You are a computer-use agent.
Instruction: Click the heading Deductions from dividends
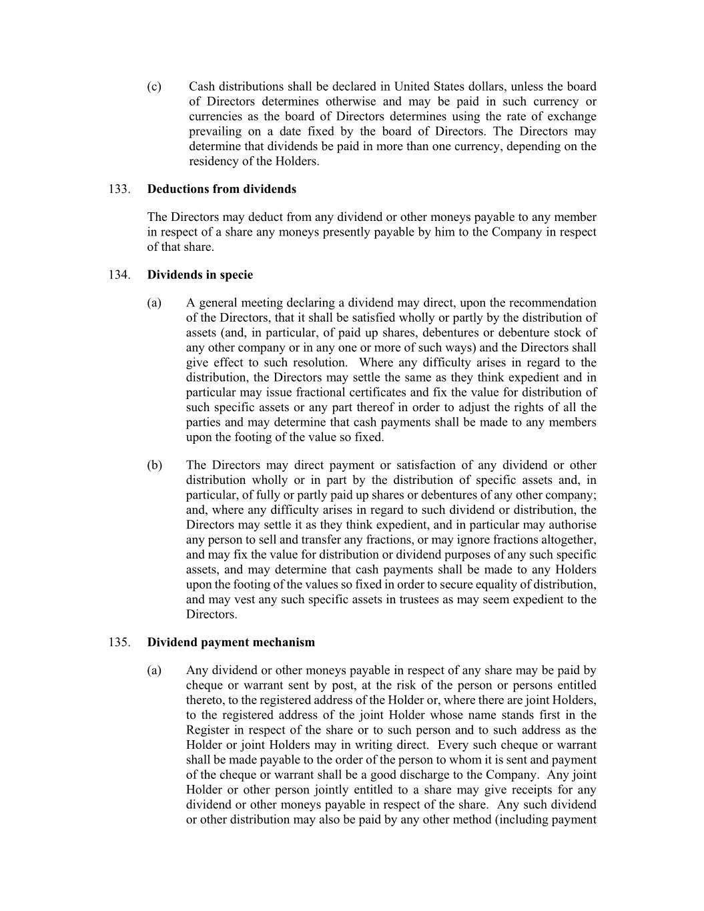coord(222,189)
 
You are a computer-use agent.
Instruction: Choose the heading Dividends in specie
coord(200,274)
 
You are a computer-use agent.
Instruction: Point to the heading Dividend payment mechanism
coord(231,642)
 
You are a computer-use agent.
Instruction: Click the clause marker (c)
coord(154,87)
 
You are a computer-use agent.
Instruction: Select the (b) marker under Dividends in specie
coord(154,465)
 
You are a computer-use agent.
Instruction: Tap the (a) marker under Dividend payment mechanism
coord(154,670)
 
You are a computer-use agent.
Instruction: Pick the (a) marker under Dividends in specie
coord(154,303)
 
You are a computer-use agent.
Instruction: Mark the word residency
coord(212,162)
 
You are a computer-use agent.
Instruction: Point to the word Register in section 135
coord(208,729)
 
